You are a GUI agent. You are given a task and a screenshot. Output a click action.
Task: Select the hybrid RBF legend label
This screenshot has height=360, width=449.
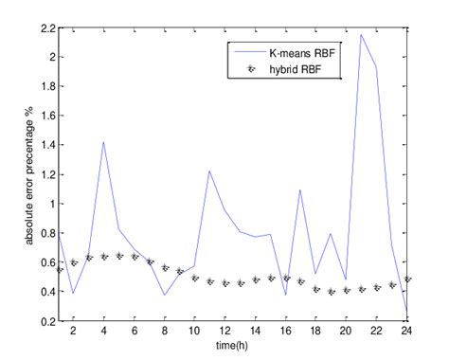pos(301,68)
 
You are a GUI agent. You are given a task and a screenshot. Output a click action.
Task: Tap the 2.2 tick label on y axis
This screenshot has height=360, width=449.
pos(45,28)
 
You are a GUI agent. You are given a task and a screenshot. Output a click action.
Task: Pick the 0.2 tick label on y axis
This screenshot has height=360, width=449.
pos(45,321)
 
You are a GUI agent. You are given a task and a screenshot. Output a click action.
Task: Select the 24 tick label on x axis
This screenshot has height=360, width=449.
pos(406,331)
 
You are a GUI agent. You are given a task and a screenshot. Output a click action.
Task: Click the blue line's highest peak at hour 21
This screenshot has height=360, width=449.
pos(361,35)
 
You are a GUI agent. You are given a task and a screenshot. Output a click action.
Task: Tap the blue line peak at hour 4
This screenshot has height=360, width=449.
pos(103,142)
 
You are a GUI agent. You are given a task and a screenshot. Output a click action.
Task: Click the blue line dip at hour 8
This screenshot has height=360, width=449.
pos(164,295)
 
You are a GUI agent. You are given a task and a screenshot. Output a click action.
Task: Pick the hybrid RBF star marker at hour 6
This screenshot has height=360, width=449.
pos(134,257)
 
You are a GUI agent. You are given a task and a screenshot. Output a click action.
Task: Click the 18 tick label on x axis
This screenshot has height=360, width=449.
pos(315,331)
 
